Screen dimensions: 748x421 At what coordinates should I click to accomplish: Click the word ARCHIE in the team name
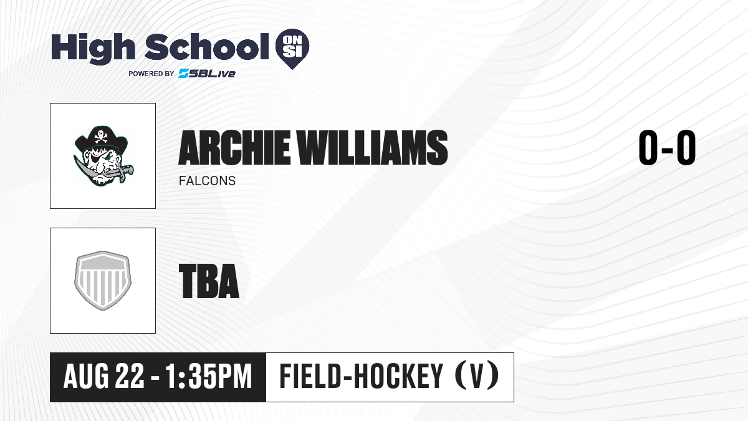point(234,147)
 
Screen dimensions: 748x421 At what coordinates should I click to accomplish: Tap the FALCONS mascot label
point(207,181)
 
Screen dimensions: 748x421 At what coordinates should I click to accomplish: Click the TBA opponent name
point(209,281)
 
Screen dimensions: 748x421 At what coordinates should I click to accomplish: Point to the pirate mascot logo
point(103,155)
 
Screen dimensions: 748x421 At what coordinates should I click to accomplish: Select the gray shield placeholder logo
point(103,281)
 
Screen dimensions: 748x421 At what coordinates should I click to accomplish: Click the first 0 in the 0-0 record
point(648,147)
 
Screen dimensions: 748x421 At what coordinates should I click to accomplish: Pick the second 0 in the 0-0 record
point(686,147)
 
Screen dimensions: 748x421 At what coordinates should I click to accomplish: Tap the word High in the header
point(93,48)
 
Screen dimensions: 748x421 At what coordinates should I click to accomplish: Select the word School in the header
point(207,46)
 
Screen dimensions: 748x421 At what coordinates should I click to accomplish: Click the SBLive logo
point(207,74)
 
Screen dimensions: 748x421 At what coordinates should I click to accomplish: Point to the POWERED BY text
point(151,74)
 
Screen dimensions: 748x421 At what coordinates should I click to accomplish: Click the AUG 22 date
point(103,377)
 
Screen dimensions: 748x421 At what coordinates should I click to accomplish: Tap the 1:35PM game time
point(208,377)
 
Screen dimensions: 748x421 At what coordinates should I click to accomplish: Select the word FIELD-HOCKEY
point(362,376)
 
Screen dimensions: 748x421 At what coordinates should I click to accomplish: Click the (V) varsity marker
point(477,376)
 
